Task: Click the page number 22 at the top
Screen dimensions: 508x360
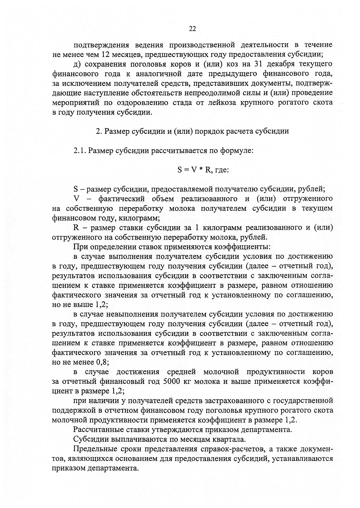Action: click(x=192, y=29)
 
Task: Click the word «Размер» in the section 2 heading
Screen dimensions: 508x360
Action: click(x=118, y=131)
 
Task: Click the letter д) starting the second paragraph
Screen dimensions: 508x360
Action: click(x=76, y=64)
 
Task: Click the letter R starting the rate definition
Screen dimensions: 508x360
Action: click(x=76, y=228)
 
